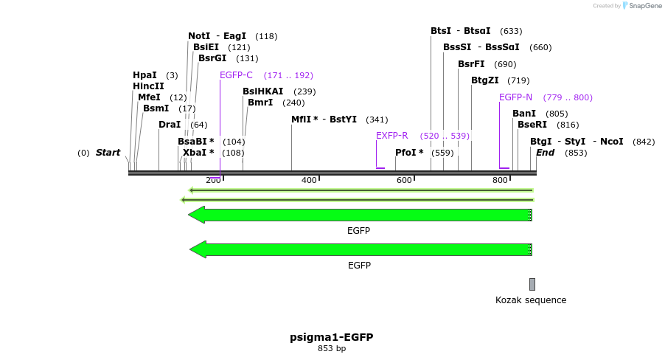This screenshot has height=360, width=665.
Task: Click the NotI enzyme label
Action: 199,36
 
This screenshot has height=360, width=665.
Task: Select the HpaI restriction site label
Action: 145,75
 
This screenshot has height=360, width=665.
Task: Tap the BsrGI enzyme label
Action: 212,58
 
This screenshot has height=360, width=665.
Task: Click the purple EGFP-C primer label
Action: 236,75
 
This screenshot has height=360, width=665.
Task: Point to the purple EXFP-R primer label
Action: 391,136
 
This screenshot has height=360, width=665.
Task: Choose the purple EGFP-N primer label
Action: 515,97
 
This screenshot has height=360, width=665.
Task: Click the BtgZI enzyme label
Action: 485,80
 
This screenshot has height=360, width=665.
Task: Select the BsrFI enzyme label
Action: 471,64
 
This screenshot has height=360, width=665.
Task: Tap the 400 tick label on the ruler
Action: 309,181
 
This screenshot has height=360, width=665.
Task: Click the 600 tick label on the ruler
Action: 404,181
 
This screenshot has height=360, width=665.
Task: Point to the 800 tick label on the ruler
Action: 500,181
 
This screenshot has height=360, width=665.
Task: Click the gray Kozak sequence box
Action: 532,284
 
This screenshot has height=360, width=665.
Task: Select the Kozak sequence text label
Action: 531,300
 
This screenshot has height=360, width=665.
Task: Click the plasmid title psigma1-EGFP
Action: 331,337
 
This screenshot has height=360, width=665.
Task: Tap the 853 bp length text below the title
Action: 331,349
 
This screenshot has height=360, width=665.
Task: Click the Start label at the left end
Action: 108,153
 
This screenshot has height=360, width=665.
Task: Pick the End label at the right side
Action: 546,153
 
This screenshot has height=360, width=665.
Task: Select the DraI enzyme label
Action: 170,125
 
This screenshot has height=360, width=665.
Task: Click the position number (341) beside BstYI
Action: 377,120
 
